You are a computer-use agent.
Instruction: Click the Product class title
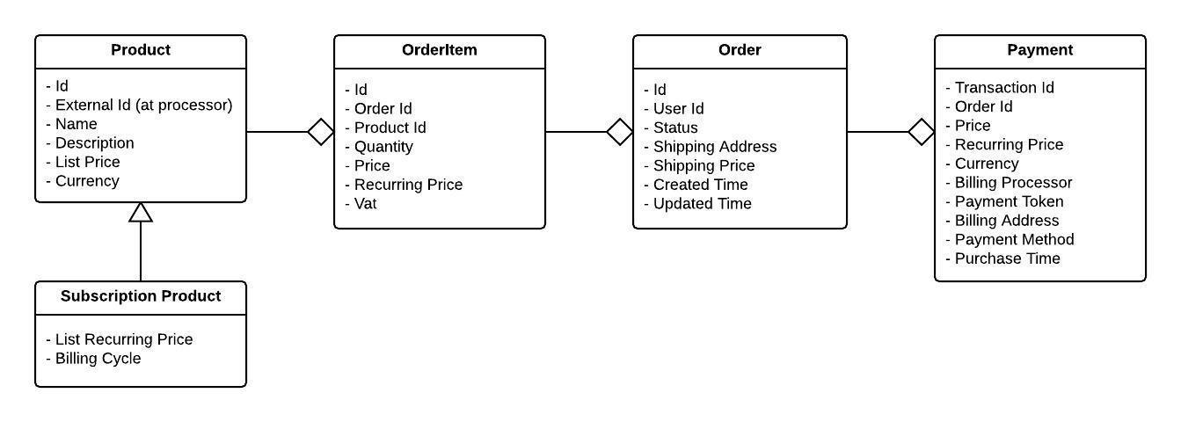pos(141,50)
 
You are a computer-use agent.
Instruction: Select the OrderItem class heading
pos(440,50)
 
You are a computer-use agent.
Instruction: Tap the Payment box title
pos(1039,50)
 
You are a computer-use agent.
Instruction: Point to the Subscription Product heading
pos(141,296)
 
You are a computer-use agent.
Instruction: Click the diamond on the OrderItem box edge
pos(321,132)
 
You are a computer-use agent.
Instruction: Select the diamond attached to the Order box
pos(620,132)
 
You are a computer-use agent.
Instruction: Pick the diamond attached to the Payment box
pos(922,132)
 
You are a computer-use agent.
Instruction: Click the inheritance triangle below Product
pos(141,212)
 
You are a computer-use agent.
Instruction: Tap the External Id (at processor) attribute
pos(143,105)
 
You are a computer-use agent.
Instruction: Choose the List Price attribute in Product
pos(87,162)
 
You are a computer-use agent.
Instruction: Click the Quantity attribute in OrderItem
pos(383,147)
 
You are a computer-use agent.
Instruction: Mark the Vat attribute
pos(366,204)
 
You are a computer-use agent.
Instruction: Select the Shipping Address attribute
pos(714,147)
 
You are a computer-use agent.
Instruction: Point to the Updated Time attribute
pos(702,204)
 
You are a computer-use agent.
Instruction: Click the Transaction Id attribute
pos(1004,87)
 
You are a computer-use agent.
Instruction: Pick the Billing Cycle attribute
pos(98,359)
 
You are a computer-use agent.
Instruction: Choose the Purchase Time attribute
pos(1007,258)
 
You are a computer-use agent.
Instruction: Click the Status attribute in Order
pos(675,127)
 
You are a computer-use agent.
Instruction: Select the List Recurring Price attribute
pos(123,339)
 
